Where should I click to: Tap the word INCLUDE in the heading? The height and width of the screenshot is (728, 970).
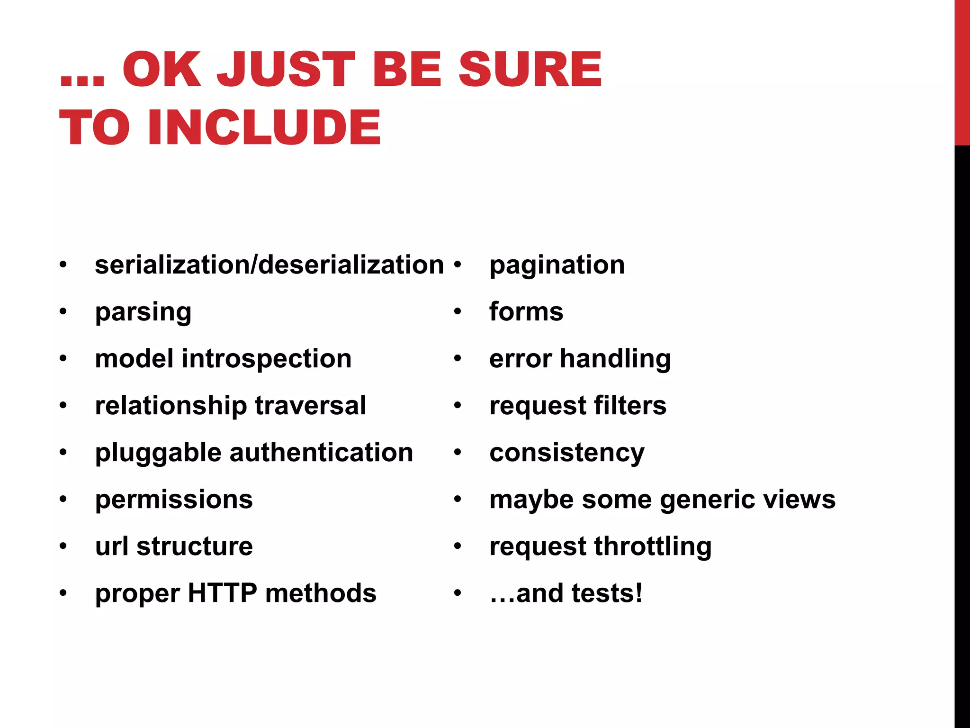pyautogui.click(x=264, y=127)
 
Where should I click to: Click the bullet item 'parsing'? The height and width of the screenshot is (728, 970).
pyautogui.click(x=143, y=312)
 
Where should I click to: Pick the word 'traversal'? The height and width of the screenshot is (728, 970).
pyautogui.click(x=311, y=406)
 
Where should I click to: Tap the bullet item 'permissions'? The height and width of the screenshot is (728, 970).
pyautogui.click(x=174, y=500)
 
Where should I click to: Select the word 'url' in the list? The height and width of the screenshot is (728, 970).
pyautogui.click(x=112, y=546)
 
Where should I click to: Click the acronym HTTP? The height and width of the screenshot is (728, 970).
pyautogui.click(x=223, y=593)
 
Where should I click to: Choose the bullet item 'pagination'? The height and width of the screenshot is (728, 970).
pyautogui.click(x=557, y=265)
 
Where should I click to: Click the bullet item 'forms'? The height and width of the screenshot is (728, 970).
pyautogui.click(x=526, y=312)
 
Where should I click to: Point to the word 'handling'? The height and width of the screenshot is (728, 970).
pyautogui.click(x=615, y=359)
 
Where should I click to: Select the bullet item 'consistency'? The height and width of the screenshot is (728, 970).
pyautogui.click(x=567, y=453)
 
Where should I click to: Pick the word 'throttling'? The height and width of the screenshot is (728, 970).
pyautogui.click(x=653, y=546)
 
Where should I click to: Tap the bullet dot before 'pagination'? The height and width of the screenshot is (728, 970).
pyautogui.click(x=458, y=264)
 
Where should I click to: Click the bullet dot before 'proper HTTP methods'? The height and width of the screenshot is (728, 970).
pyautogui.click(x=63, y=593)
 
